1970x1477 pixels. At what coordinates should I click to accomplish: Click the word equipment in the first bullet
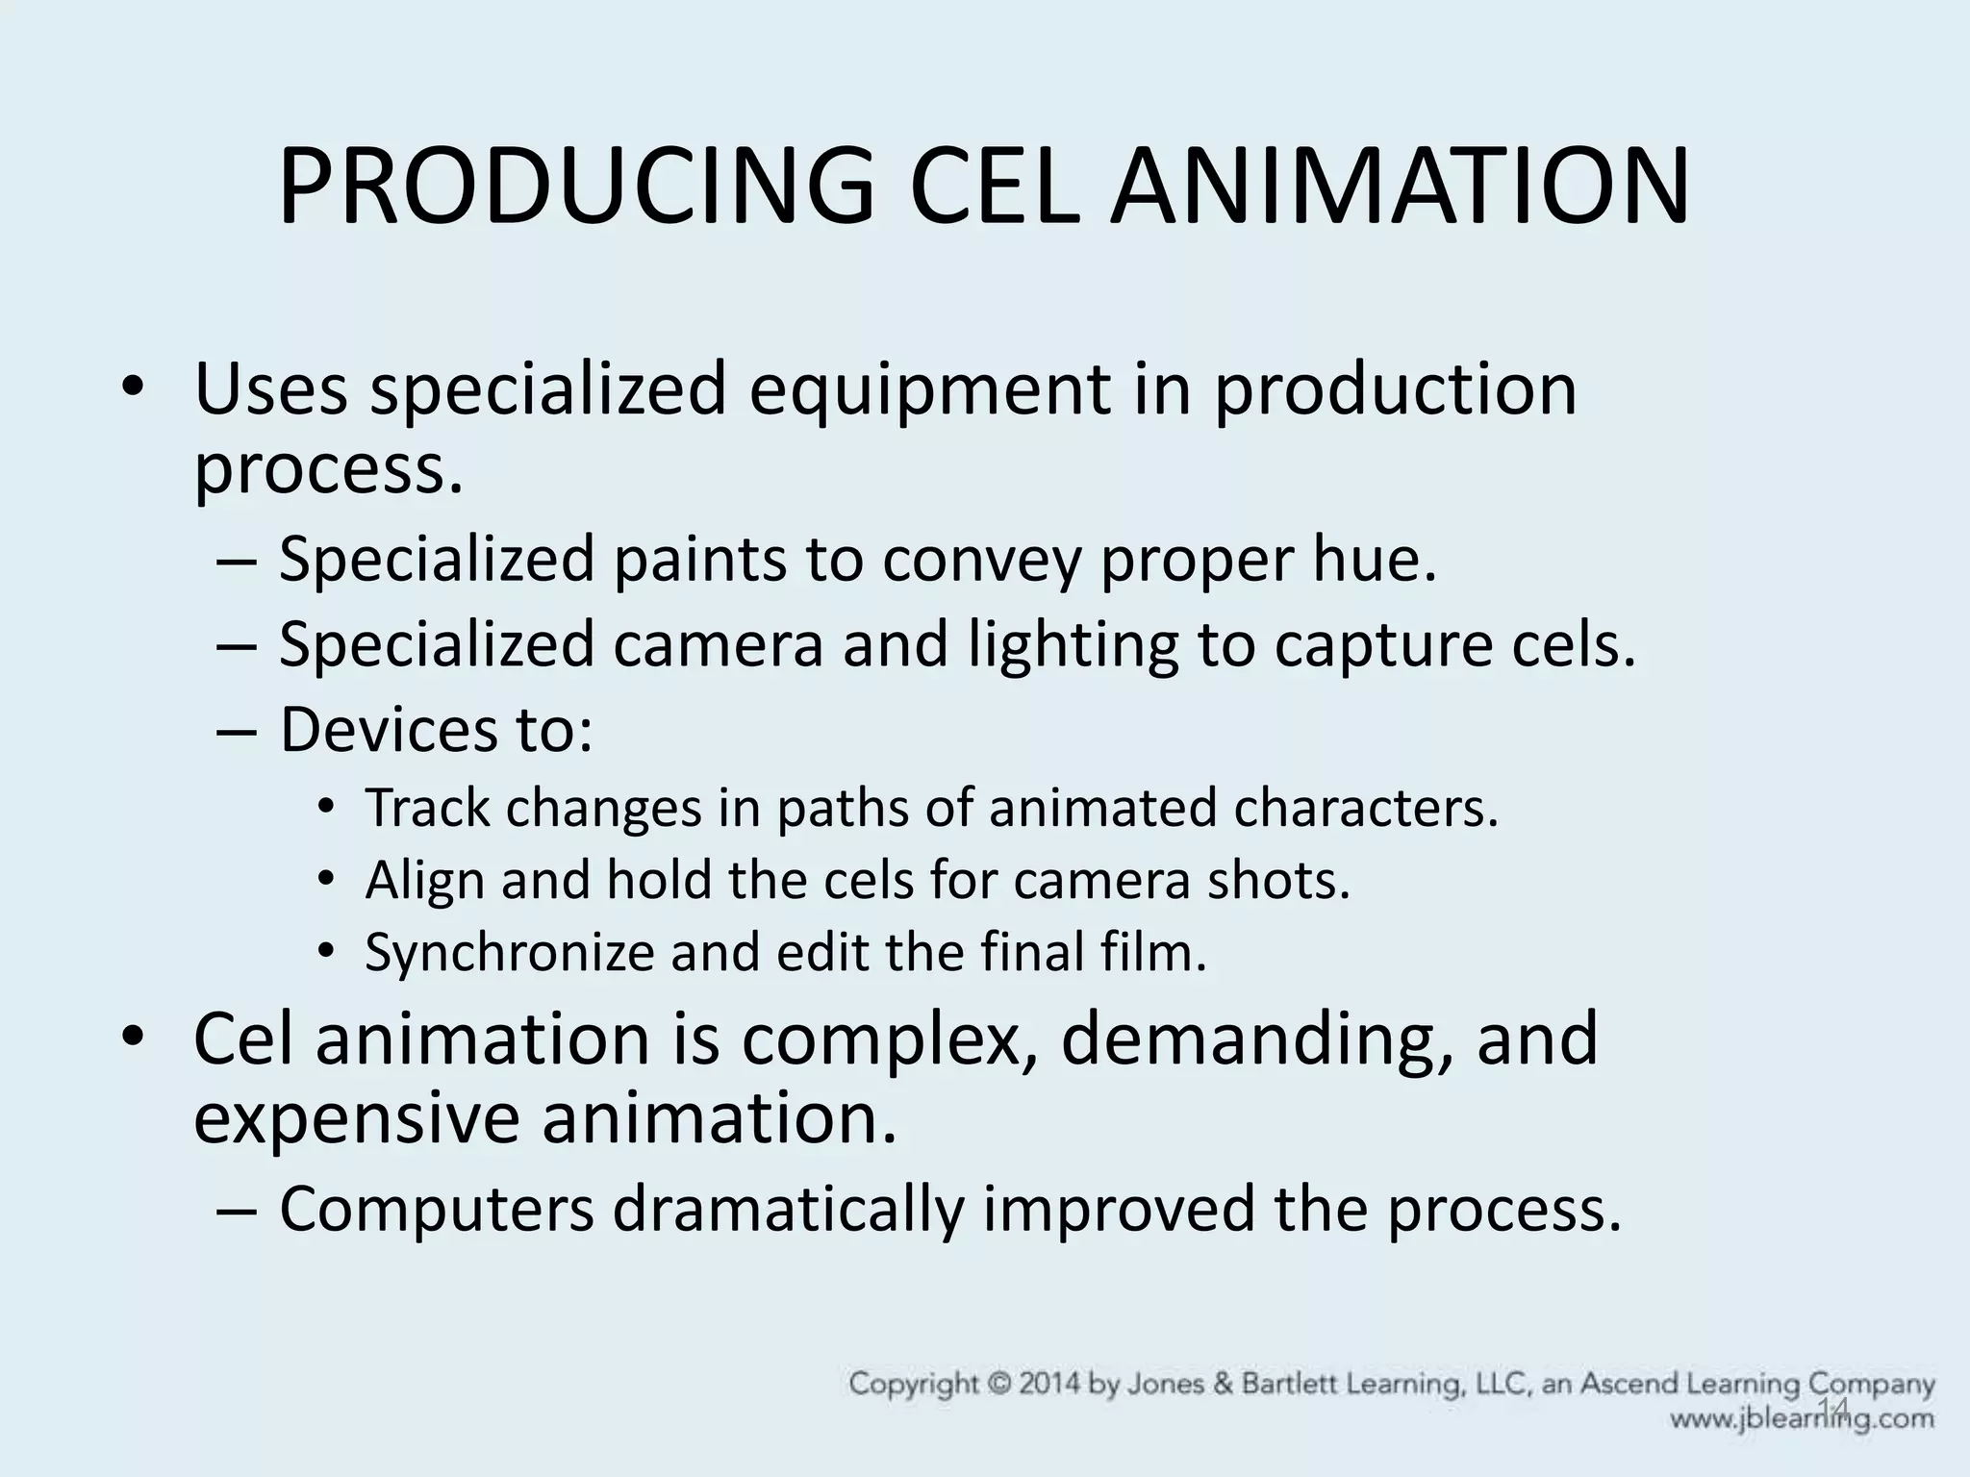[x=929, y=392]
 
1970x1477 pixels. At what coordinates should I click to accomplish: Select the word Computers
[x=437, y=1210]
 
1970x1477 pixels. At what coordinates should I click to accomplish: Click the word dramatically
[x=789, y=1210]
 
